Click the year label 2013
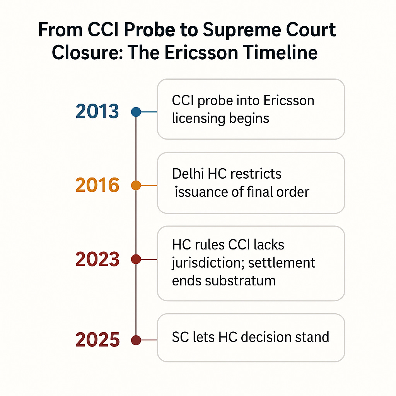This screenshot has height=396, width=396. click(x=97, y=111)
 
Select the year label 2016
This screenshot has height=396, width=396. click(x=97, y=185)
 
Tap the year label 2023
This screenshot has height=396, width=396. click(x=97, y=259)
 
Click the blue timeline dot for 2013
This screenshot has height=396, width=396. click(x=136, y=112)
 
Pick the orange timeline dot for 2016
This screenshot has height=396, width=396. click(x=136, y=186)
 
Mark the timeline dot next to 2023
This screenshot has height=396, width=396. click(x=136, y=259)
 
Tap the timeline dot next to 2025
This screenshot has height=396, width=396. click(x=136, y=340)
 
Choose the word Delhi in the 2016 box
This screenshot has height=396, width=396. click(x=188, y=174)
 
